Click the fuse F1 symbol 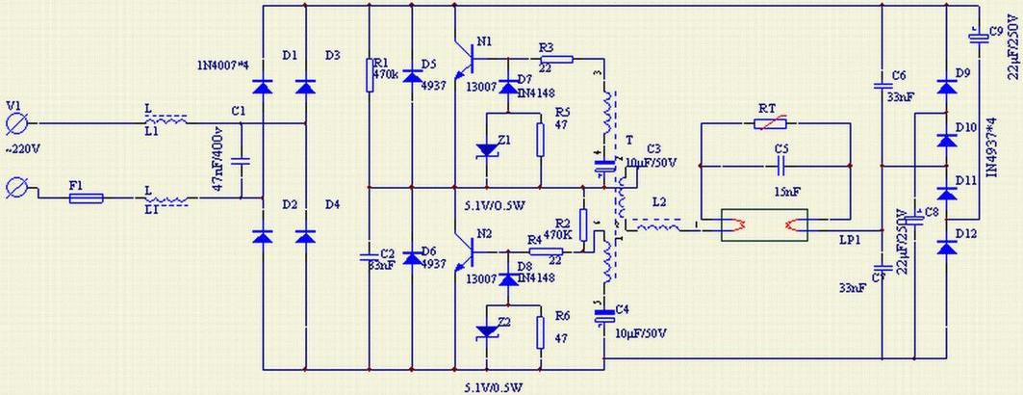point(86,199)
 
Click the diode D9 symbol point(946,88)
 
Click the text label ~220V point(24,149)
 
